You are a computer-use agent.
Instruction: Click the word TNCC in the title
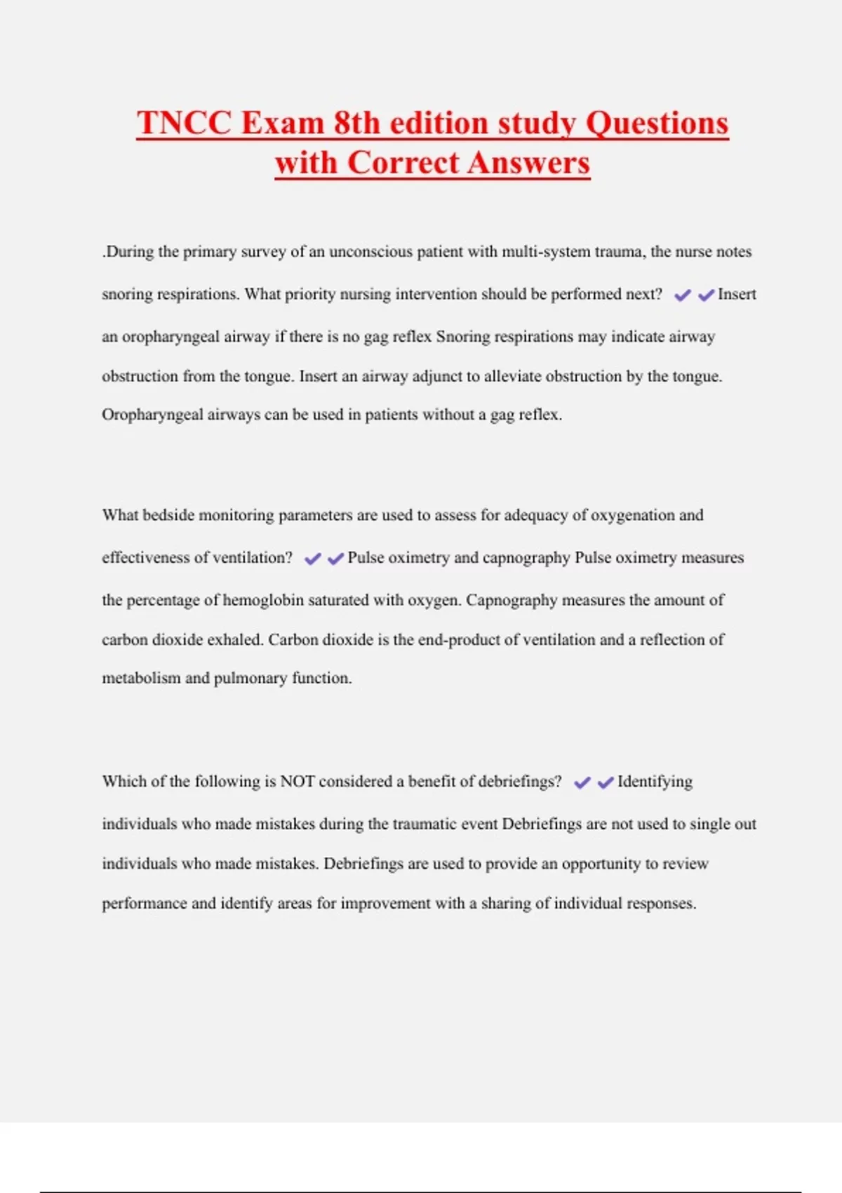click(x=184, y=123)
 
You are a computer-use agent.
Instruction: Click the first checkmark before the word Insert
click(x=682, y=295)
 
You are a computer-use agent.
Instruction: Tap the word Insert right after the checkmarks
click(x=737, y=294)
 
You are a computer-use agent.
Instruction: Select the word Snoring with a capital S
click(x=462, y=337)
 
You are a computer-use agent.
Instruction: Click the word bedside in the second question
click(x=168, y=515)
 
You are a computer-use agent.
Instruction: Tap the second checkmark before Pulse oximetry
click(x=336, y=559)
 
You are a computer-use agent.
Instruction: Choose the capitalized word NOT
click(x=297, y=781)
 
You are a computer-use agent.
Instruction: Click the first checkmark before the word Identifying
click(x=582, y=782)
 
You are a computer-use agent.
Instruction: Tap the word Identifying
click(x=655, y=782)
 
